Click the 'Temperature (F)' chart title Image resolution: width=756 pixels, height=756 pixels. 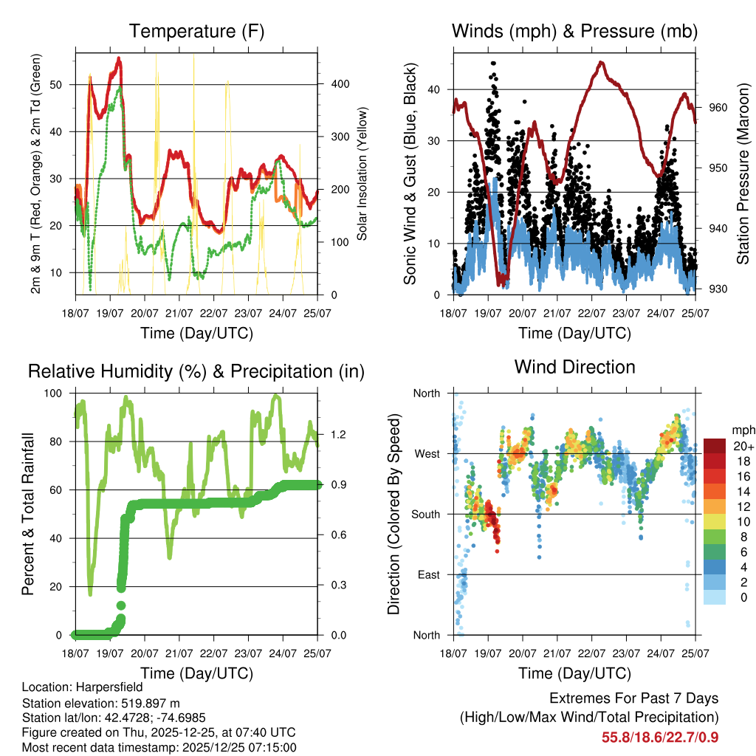point(196,32)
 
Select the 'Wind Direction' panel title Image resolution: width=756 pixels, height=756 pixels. point(574,367)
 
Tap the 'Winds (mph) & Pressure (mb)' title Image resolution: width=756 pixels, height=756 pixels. point(574,32)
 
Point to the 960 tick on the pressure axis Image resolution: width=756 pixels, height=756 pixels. point(719,108)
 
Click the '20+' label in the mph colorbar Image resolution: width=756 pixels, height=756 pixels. point(743,446)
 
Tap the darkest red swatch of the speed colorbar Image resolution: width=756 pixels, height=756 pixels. point(715,446)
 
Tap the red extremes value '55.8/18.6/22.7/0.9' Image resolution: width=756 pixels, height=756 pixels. point(660,737)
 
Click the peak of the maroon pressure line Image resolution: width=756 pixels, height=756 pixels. point(602,63)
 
